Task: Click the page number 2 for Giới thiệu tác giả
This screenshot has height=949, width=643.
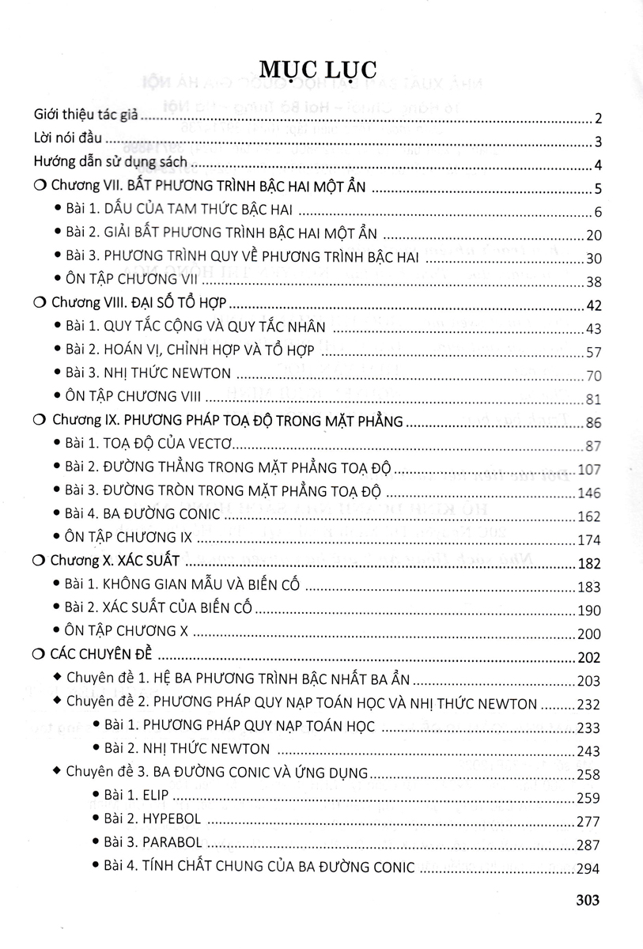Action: (x=599, y=119)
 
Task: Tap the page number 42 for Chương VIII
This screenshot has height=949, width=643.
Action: (x=592, y=305)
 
